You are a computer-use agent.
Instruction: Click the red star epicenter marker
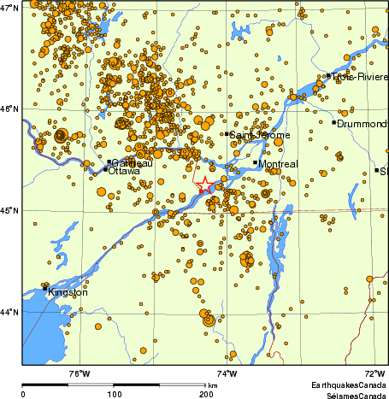[206, 186]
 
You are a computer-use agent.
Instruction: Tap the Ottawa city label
[124, 171]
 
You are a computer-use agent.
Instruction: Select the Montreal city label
[278, 163]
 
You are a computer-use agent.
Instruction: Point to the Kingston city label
[68, 293]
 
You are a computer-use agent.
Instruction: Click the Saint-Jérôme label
[261, 135]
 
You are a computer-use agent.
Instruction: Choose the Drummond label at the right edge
[362, 124]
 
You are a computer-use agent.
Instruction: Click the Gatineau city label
[132, 162]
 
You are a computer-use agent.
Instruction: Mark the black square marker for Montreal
[255, 162]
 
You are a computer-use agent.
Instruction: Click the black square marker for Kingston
[45, 289]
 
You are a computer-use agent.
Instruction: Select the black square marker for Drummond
[334, 122]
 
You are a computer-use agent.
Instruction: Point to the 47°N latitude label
[10, 8]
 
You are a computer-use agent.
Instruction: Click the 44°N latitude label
[10, 313]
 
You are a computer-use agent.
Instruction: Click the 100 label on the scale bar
[114, 393]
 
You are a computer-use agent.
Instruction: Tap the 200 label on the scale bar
[205, 393]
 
